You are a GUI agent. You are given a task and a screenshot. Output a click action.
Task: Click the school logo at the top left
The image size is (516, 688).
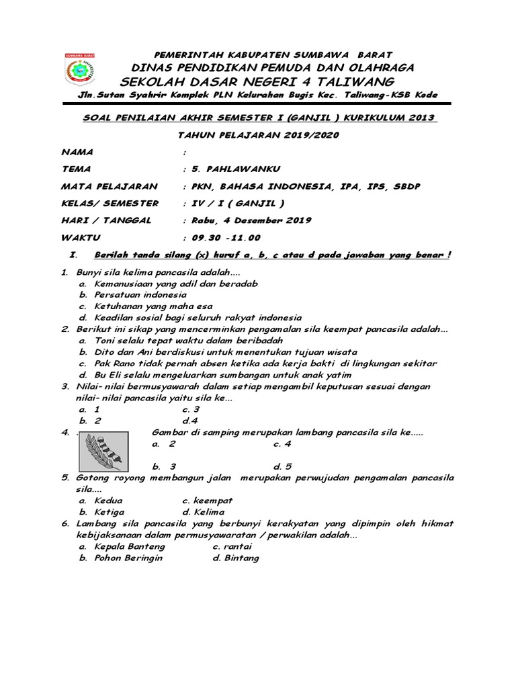[x=80, y=69]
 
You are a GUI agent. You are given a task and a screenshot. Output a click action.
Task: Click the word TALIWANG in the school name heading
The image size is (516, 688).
[x=353, y=82]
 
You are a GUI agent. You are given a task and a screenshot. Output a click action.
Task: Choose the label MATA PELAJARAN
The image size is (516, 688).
[x=110, y=186]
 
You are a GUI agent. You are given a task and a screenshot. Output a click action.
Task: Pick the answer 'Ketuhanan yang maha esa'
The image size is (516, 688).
[x=153, y=306]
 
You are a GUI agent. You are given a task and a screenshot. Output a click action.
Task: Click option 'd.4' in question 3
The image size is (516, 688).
[x=191, y=421]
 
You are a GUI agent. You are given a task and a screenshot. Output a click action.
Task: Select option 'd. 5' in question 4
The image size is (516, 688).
[x=283, y=466]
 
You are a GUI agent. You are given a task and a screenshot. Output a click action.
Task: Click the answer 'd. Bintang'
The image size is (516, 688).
[x=236, y=558]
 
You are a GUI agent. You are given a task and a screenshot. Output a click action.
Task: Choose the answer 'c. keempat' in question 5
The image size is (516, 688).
[x=208, y=501]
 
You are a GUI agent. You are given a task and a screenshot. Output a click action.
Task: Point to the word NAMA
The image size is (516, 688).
[x=77, y=152]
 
